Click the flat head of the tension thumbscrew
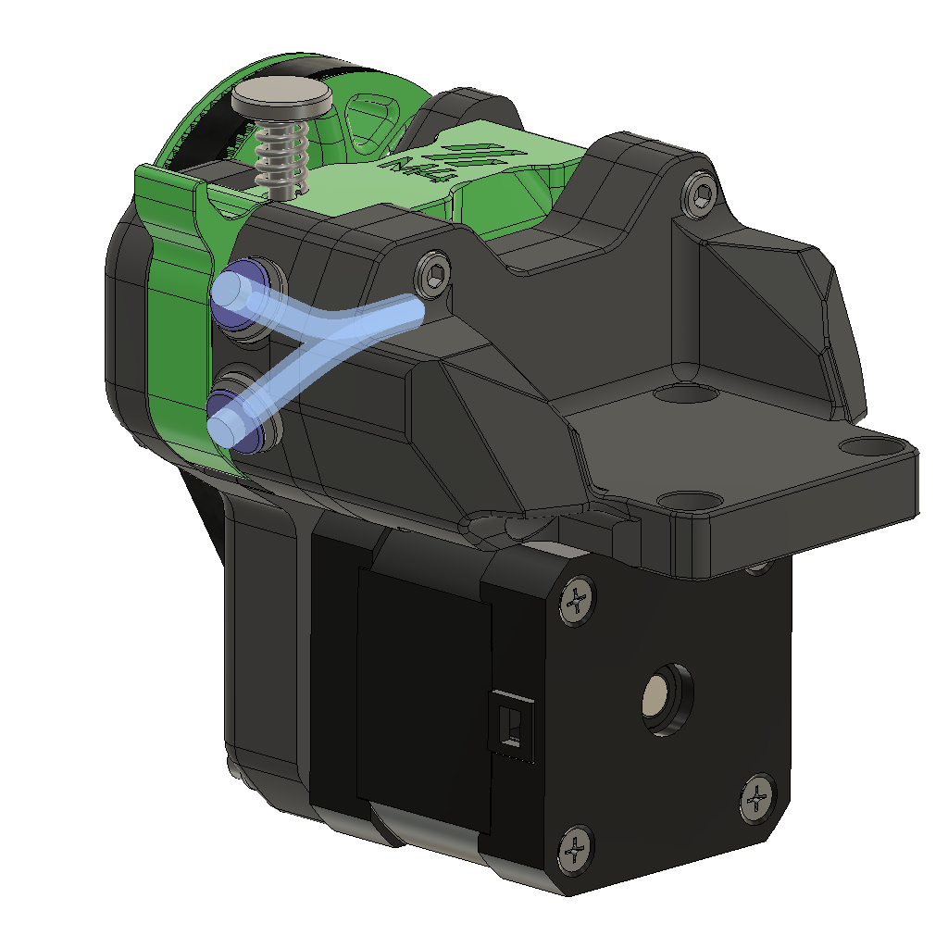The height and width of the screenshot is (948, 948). point(281,94)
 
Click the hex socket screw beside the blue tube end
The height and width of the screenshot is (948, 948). point(435,272)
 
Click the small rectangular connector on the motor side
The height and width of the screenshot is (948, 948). point(509,722)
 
